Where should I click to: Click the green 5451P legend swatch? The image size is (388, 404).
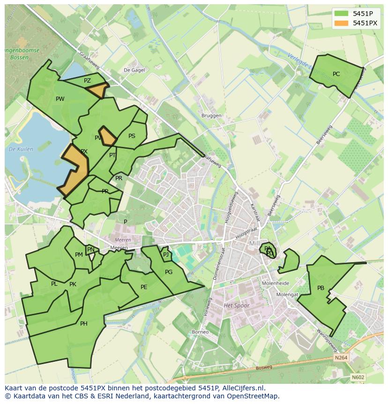(x=341, y=14)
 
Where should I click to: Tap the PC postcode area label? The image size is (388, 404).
(x=336, y=74)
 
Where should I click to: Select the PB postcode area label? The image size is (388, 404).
(x=321, y=288)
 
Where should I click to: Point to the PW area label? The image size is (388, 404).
(x=60, y=99)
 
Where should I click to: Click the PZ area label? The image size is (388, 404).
(x=87, y=81)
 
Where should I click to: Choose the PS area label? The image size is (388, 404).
(x=132, y=136)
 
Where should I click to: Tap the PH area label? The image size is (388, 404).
(x=83, y=323)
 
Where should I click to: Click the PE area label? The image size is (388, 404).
(x=144, y=287)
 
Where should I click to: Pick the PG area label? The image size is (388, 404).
(x=169, y=272)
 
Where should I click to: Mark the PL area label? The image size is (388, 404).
(x=54, y=284)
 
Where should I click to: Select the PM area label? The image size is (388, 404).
(x=79, y=255)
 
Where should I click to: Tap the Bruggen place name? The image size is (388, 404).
(x=211, y=116)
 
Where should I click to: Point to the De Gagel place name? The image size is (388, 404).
(x=134, y=70)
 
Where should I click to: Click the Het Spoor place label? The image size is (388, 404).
(x=237, y=305)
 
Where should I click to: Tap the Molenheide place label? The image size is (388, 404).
(x=276, y=283)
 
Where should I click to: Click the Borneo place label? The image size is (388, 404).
(x=200, y=332)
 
